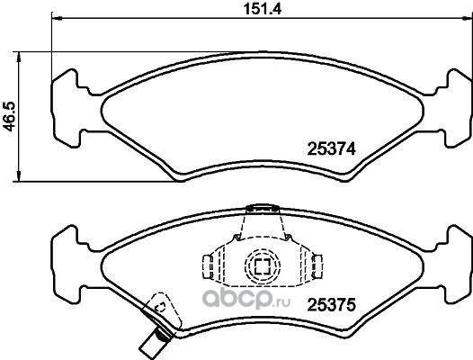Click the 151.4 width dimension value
(x=263, y=9)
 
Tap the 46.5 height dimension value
(x=9, y=117)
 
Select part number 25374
(x=332, y=148)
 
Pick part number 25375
(x=332, y=305)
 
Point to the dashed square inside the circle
(x=263, y=266)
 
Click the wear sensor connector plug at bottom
(x=155, y=344)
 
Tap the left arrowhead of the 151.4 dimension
(x=57, y=19)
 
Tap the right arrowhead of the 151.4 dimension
(x=469, y=19)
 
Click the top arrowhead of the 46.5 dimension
(x=19, y=57)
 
